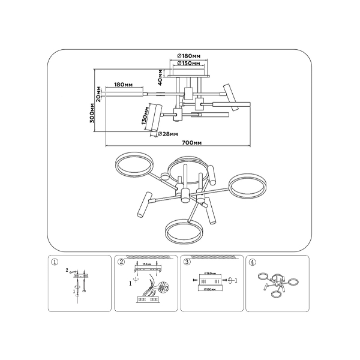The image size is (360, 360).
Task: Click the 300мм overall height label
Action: coord(91,113)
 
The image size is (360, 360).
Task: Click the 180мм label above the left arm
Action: coord(122,85)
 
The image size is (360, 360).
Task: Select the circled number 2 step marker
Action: coord(121,262)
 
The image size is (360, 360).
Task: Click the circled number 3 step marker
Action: coord(187,262)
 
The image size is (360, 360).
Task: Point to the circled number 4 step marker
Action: coord(252,262)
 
